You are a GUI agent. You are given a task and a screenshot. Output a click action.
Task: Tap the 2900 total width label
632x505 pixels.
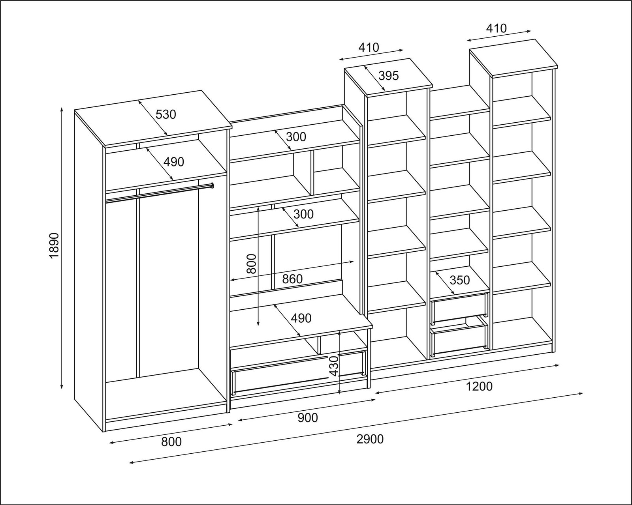click(x=370, y=439)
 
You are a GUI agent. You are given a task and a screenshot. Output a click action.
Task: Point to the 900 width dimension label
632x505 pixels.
click(x=308, y=417)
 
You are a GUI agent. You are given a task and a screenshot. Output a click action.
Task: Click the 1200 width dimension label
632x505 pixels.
click(x=480, y=386)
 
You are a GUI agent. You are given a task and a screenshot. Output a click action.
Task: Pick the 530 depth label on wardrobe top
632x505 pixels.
click(x=166, y=114)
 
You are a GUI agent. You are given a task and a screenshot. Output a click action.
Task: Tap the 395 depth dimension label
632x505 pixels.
click(x=389, y=75)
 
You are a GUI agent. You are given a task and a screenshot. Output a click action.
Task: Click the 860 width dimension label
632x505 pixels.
click(x=292, y=279)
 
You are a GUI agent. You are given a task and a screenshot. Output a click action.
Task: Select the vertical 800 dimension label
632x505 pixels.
click(x=251, y=264)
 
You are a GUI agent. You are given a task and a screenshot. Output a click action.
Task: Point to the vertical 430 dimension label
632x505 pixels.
click(x=334, y=366)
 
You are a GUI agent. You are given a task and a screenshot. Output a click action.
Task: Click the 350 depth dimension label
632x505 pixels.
click(x=460, y=280)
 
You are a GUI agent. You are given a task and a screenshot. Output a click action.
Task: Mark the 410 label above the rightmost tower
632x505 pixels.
click(x=496, y=28)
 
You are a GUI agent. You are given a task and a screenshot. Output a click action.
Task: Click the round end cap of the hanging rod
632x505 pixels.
click(x=212, y=185)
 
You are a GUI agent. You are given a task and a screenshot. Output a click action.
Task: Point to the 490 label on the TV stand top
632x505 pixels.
click(x=301, y=318)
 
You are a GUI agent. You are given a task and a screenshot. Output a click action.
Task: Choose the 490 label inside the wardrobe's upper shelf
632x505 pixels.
click(x=174, y=161)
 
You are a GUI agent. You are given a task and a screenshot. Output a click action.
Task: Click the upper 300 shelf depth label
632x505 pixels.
click(x=296, y=137)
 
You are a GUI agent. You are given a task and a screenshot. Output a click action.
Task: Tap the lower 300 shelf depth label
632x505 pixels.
click(x=304, y=214)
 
